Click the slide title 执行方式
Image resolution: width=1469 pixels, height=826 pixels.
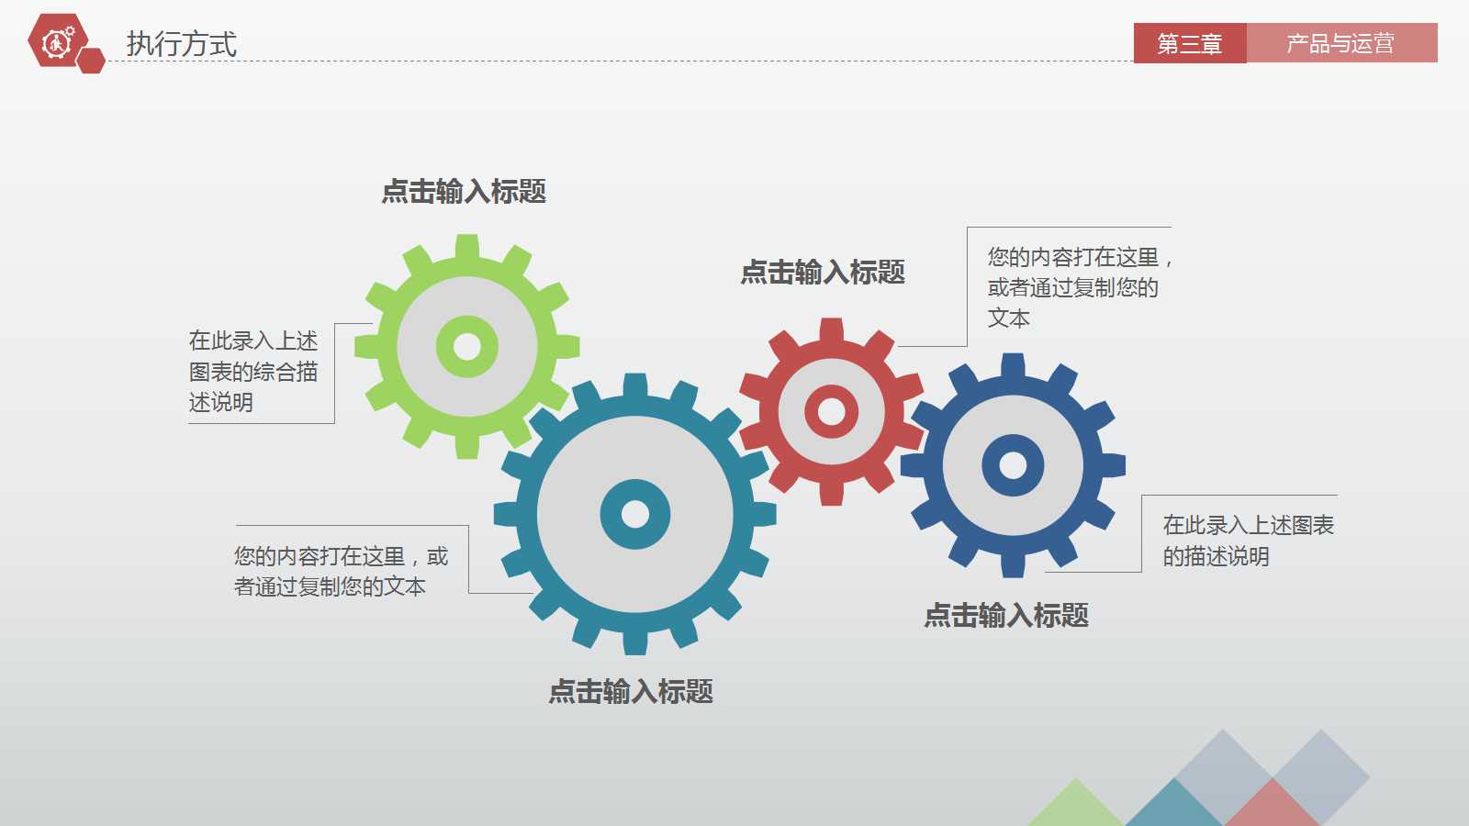(x=181, y=44)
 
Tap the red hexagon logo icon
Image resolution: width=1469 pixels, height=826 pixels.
(x=58, y=41)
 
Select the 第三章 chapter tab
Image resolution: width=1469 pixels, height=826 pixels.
(x=1189, y=43)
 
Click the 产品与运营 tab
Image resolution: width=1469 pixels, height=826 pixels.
(x=1340, y=43)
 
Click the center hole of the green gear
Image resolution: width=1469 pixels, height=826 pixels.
(x=467, y=347)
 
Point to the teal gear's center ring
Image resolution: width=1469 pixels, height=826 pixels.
(x=635, y=514)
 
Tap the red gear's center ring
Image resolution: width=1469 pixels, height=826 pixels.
(x=832, y=411)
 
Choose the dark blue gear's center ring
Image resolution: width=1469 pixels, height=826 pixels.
(x=1013, y=465)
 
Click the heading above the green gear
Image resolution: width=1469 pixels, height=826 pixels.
(x=464, y=192)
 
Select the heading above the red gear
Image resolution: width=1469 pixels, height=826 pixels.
(x=823, y=273)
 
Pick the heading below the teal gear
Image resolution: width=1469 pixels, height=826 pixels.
(x=631, y=692)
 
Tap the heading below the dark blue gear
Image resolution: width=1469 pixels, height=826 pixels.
(x=1006, y=616)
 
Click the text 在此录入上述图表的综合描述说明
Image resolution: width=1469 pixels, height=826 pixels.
(x=253, y=372)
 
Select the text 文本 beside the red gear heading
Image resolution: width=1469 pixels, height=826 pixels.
(x=1009, y=318)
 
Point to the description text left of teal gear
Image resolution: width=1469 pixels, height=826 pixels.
(x=341, y=571)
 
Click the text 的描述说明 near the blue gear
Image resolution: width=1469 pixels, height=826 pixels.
(x=1216, y=556)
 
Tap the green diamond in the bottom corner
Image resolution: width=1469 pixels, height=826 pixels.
(x=1076, y=806)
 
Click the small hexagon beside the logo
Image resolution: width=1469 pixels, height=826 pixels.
(x=91, y=61)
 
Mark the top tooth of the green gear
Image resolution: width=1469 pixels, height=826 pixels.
(x=467, y=246)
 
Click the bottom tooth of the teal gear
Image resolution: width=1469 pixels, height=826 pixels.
(x=635, y=642)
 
